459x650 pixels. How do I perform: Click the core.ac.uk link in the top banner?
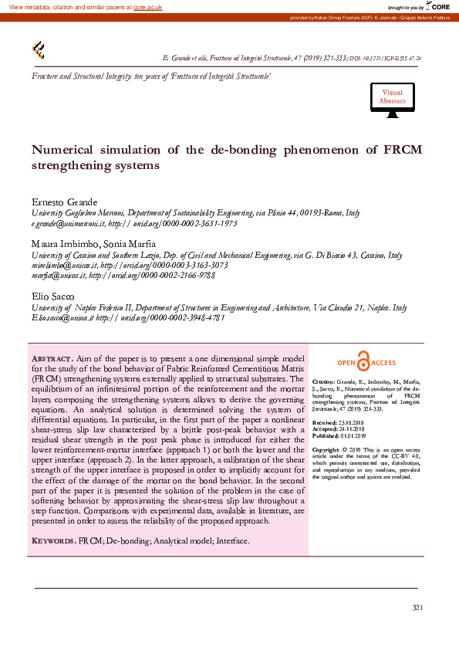tap(147, 7)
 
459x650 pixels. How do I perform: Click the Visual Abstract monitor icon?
tap(392, 101)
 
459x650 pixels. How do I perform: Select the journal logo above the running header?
tap(38, 50)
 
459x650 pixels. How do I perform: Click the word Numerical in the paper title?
tap(63, 151)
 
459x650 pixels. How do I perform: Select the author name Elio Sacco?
tap(51, 296)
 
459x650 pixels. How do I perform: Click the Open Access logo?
tap(366, 363)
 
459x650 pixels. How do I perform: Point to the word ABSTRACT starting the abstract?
tap(52, 360)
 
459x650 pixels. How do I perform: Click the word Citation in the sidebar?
tap(323, 382)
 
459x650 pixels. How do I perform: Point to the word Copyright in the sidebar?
tap(326, 449)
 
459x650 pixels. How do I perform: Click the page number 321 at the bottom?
tap(417, 608)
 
